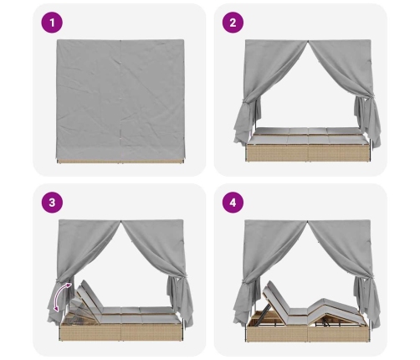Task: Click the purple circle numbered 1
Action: [x=52, y=23]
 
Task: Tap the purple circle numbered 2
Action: [x=233, y=23]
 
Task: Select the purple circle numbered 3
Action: [x=52, y=203]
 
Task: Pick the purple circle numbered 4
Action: [x=233, y=203]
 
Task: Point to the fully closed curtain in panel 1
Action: [x=120, y=100]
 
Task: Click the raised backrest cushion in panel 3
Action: [x=89, y=295]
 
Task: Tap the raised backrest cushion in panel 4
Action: [x=277, y=296]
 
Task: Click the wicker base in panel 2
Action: [x=308, y=152]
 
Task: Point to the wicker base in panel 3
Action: [x=120, y=332]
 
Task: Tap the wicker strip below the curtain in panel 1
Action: [x=120, y=162]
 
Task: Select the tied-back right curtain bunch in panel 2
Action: [x=367, y=120]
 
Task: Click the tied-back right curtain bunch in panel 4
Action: [x=367, y=300]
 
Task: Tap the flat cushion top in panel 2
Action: [x=307, y=135]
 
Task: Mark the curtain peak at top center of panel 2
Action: [x=308, y=41]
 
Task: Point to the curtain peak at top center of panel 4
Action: [x=308, y=221]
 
